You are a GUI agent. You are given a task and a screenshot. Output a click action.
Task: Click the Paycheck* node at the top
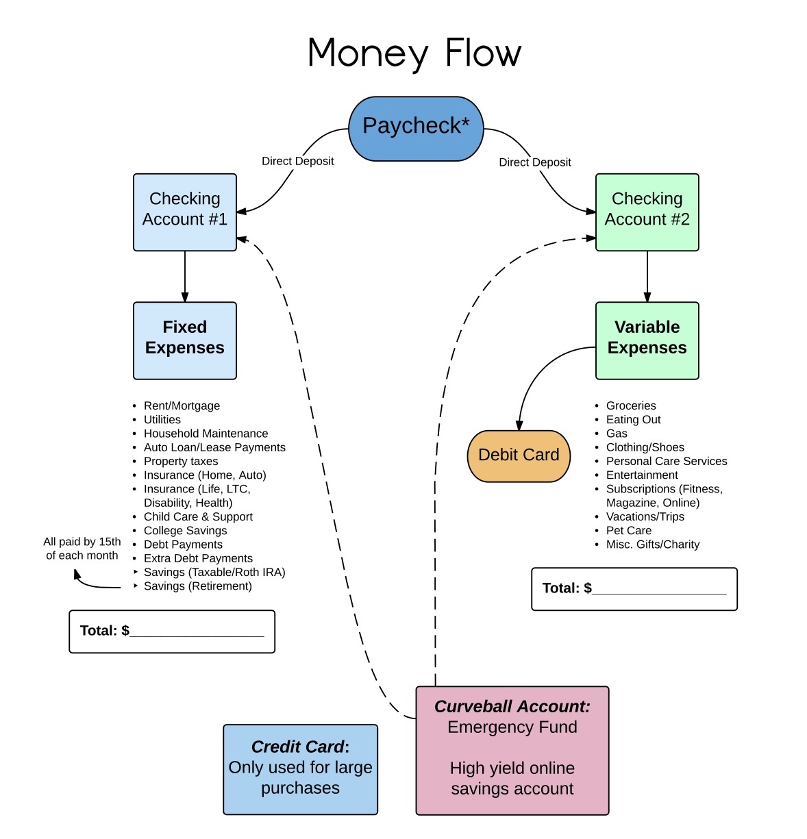[416, 128]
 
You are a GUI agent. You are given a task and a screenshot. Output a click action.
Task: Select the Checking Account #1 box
[184, 212]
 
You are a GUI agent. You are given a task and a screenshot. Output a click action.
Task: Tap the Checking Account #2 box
[647, 212]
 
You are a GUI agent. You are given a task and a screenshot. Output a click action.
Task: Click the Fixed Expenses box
[184, 340]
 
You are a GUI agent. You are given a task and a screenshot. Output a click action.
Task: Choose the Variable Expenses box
[647, 340]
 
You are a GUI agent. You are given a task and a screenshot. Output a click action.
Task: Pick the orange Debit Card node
[519, 455]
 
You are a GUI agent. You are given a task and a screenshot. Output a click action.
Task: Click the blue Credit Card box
[300, 769]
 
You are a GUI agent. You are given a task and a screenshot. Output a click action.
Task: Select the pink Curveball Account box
[512, 750]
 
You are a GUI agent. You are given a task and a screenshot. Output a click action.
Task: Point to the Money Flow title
[414, 53]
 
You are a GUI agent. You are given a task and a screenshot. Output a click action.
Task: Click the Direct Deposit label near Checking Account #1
[297, 161]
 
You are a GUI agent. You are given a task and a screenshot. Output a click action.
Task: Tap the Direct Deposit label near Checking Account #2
[534, 162]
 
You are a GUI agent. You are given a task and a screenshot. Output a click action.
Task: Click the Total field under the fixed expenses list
[172, 631]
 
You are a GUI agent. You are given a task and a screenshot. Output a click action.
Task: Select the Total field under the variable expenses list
[634, 588]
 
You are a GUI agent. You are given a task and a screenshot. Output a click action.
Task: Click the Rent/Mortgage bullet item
[182, 405]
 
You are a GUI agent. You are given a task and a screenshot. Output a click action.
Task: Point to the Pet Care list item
[628, 530]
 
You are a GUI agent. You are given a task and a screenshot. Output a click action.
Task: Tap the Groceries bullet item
[630, 405]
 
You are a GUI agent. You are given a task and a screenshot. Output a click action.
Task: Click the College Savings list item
[185, 530]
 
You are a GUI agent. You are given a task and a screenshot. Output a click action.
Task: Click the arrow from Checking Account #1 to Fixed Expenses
[184, 276]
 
